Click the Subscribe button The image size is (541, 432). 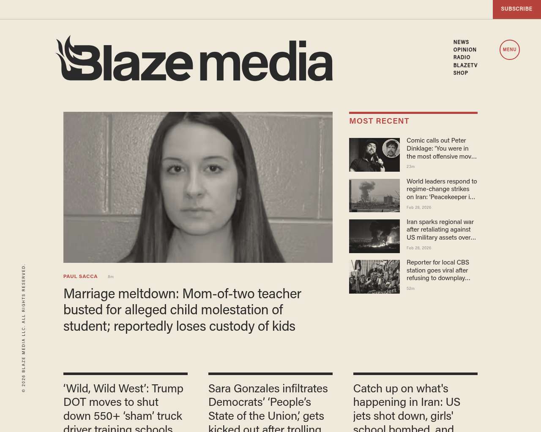[516, 9]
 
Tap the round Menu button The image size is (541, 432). [509, 50]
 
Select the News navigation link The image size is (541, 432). [461, 42]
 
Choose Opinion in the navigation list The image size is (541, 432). [464, 50]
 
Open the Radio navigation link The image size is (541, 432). [462, 57]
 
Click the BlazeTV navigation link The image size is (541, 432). [465, 65]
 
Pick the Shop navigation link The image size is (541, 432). [460, 73]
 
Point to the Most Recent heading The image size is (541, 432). [379, 121]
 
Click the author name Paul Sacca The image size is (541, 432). [80, 276]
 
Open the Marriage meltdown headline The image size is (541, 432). [182, 310]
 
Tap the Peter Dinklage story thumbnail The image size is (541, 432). [374, 155]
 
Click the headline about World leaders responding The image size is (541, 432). [441, 189]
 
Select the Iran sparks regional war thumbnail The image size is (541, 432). [374, 236]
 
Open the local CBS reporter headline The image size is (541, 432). [438, 270]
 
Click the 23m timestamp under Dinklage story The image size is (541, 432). [410, 167]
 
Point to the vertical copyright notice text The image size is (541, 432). [24, 328]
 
